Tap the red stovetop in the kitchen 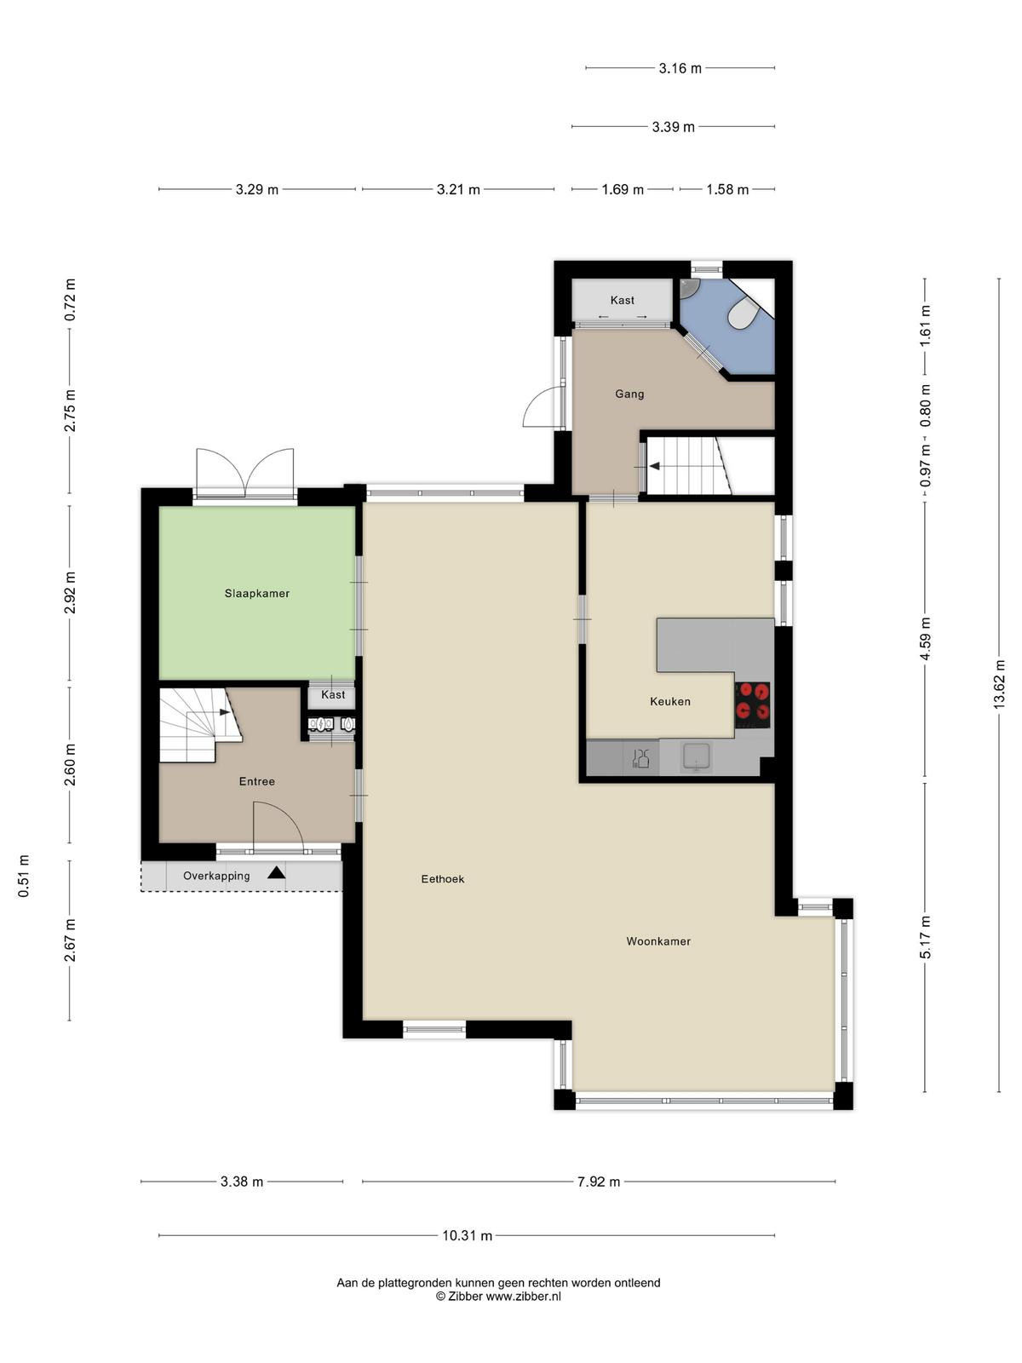pos(753,705)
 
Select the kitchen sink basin pos(697,757)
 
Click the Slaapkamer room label pos(257,593)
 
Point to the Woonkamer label pos(658,941)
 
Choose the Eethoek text pos(442,878)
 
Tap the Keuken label pos(670,701)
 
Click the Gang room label pos(630,394)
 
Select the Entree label pos(257,781)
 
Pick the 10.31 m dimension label pos(468,1236)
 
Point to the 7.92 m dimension pos(599,1182)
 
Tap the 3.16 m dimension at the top pos(680,68)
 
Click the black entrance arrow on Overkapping pos(276,872)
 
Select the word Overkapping pos(216,876)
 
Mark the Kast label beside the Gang pos(623,300)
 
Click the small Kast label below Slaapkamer pos(333,694)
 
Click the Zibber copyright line pos(498,1296)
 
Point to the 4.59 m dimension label pos(925,639)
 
